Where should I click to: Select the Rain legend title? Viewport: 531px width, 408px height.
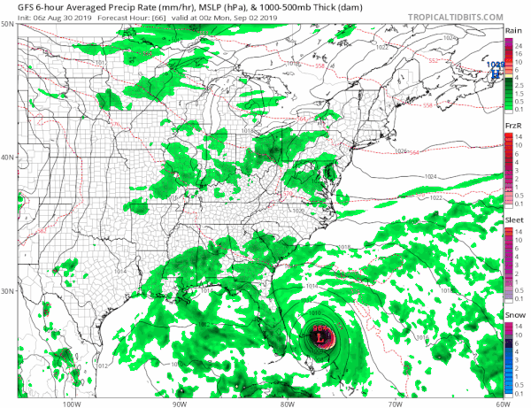click(512, 31)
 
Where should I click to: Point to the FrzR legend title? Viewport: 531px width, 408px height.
click(512, 127)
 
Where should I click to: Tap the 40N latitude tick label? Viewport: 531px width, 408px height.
click(7, 158)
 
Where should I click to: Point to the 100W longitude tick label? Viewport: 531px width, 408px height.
click(72, 402)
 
